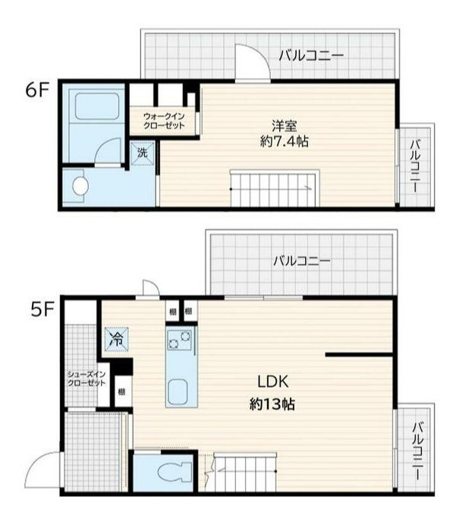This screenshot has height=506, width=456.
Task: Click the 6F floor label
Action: point(36,91)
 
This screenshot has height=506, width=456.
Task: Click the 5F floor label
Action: point(42,310)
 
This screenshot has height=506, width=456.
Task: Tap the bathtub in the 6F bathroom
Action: point(97,106)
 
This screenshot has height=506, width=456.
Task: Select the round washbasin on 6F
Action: point(80,186)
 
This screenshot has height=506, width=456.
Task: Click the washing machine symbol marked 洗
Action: point(143,153)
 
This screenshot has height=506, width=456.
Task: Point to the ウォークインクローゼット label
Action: point(164,121)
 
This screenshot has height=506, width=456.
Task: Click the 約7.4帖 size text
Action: point(285,141)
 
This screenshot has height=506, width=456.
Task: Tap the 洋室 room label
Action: point(285,125)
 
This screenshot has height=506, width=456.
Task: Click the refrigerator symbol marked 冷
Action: point(117,339)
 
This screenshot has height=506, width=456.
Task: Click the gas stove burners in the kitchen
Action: point(179,340)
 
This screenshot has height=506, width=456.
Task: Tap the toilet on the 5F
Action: point(175,473)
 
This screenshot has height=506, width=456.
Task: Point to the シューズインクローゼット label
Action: point(86,379)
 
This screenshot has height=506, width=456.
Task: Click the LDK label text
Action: point(273,382)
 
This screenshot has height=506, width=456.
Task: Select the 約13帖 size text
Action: point(272,404)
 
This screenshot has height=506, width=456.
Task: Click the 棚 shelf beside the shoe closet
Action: point(121,392)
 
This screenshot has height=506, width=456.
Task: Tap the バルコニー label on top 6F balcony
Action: point(311,56)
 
